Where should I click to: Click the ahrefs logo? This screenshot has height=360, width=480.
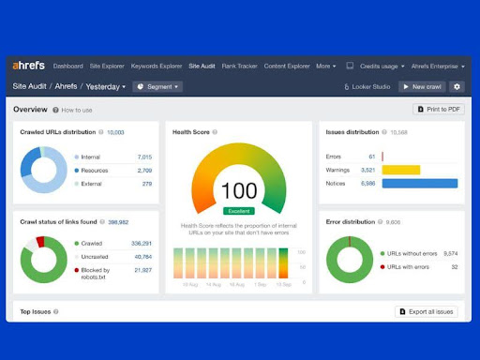(29, 66)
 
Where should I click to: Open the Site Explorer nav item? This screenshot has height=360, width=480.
(107, 67)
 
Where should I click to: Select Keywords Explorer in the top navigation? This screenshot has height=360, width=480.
(157, 67)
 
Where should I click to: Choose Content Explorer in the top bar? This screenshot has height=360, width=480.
(287, 67)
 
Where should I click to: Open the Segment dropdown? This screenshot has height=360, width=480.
(157, 86)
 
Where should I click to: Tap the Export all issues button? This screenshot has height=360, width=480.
(427, 310)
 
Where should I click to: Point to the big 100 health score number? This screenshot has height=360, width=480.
(238, 191)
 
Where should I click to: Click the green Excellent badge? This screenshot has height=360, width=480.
(238, 211)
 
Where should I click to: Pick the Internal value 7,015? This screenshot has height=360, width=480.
(144, 157)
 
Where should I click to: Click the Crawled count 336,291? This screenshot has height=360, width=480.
(142, 243)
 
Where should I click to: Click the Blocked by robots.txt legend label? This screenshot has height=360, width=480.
(97, 273)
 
